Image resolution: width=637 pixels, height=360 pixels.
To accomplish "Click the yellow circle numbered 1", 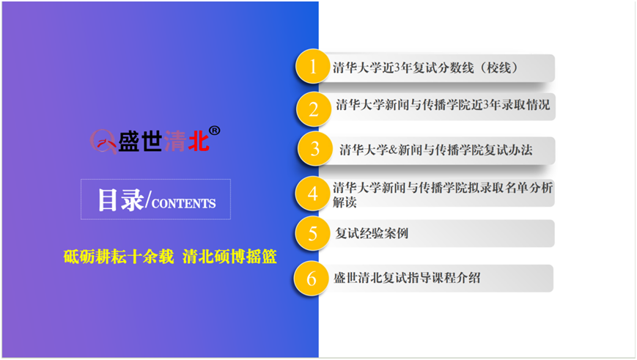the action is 312,66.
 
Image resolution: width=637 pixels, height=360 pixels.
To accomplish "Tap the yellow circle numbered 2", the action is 313,109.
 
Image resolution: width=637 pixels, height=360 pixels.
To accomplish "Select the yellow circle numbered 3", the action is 314,149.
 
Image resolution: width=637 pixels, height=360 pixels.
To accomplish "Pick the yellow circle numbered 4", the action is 312,194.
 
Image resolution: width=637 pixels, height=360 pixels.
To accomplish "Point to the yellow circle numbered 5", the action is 312,233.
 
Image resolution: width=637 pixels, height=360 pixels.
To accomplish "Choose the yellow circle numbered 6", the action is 311,279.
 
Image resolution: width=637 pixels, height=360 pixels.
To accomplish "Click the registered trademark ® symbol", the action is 215,131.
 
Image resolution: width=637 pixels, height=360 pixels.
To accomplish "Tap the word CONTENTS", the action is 184,203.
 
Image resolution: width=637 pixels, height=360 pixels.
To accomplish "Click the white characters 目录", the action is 121,200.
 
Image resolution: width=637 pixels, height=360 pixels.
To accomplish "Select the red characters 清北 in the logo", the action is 186,142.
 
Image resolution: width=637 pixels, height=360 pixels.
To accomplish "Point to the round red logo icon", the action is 103,142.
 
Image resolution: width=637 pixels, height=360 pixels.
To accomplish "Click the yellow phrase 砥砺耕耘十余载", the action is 119,257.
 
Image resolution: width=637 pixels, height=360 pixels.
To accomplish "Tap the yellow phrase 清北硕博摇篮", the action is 229,257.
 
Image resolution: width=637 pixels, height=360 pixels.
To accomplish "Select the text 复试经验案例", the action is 372,233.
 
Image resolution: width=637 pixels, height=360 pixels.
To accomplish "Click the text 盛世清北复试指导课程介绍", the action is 407,278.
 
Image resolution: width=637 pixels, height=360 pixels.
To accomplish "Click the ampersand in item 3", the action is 393,150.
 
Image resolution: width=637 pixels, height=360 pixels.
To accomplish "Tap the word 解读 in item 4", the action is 345,202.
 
